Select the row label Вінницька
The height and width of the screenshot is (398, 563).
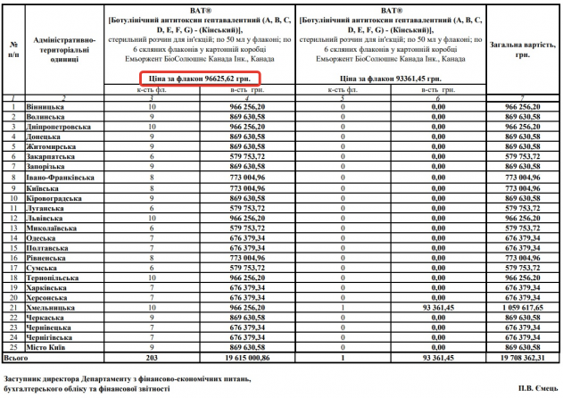tap(44, 106)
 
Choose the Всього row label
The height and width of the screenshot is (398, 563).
tap(16, 357)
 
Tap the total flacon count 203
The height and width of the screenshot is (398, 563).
tap(151, 357)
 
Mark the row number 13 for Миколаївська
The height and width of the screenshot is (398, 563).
tap(13, 227)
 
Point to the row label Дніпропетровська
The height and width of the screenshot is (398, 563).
tap(59, 126)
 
